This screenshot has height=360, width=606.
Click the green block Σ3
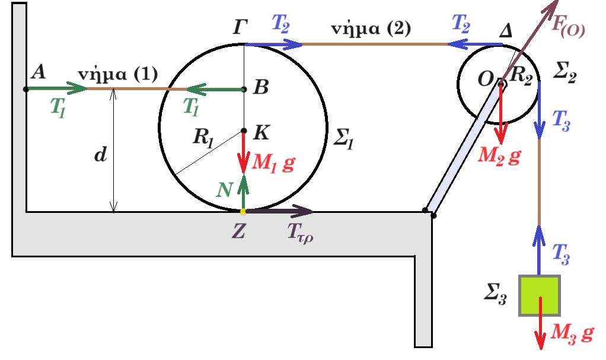coord(539,295)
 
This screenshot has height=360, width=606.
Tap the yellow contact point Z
coord(243,212)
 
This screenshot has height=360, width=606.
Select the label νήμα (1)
coord(118,74)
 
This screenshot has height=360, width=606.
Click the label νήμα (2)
coord(371,28)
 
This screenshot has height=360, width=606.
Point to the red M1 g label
coord(273,163)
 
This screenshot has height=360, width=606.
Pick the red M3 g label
coord(572,333)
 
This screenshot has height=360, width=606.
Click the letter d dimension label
coord(100,154)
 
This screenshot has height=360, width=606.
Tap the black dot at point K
coord(244,131)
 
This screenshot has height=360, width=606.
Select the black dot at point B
coord(244,90)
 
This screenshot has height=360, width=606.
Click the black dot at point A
coord(26,90)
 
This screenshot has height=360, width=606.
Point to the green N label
coord(224,190)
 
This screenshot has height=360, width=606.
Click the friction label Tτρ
coord(300,233)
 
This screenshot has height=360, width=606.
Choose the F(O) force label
coord(568,26)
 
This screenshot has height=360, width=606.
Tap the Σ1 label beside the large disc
coord(343,138)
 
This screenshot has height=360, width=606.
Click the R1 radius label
coord(203,138)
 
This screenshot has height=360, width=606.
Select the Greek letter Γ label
coord(240,27)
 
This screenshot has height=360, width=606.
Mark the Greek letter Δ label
coord(506,30)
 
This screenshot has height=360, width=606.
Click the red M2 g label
coord(499,156)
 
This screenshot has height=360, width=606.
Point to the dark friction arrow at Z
coord(279,211)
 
